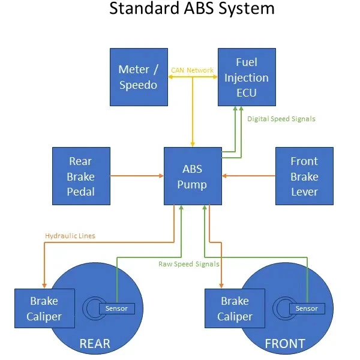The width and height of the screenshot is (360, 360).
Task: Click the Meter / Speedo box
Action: point(138,77)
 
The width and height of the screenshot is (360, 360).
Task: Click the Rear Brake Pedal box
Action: point(80,176)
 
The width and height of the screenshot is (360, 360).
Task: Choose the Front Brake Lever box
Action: point(304,176)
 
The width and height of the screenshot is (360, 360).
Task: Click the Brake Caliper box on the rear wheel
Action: point(44,308)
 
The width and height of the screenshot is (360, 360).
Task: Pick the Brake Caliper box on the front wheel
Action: point(235,308)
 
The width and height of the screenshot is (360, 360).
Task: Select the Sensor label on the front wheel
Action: point(307,308)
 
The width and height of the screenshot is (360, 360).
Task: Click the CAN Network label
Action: point(192,70)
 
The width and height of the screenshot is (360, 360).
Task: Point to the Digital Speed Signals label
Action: point(281,119)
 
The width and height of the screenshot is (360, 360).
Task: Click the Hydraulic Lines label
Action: point(70,236)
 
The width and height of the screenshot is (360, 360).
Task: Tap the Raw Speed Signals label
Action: point(188,264)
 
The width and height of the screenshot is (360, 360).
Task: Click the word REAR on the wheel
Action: point(95,344)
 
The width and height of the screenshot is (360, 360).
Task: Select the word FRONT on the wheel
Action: point(286,344)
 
